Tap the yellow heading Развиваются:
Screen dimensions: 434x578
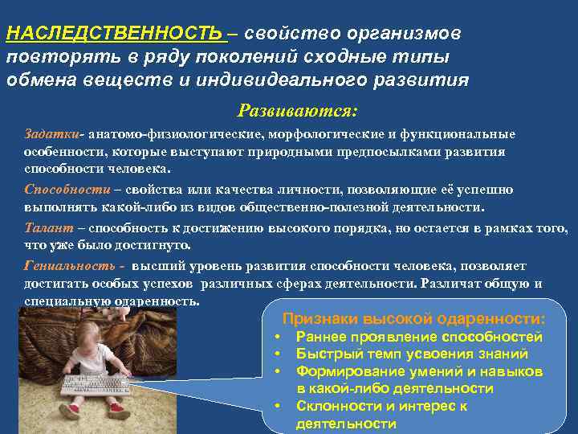pos(297,109)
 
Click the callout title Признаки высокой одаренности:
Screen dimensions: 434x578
pos(414,317)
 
